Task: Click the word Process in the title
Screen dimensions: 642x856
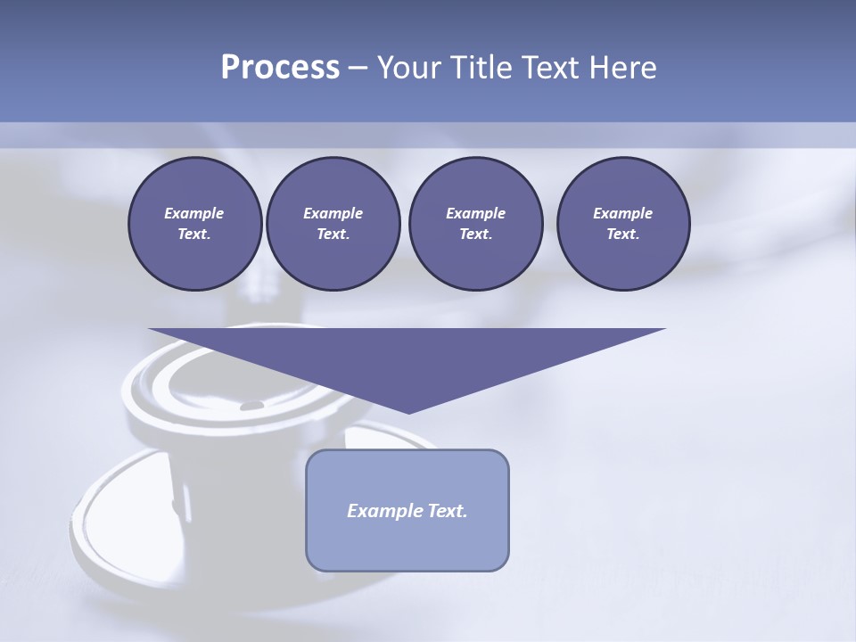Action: (280, 68)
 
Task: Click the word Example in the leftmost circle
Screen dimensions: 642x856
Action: (194, 213)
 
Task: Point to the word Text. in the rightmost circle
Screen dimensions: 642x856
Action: (622, 235)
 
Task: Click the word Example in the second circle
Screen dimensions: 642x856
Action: (333, 213)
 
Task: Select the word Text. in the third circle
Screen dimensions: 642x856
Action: (475, 235)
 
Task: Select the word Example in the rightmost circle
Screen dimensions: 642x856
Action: (622, 213)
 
